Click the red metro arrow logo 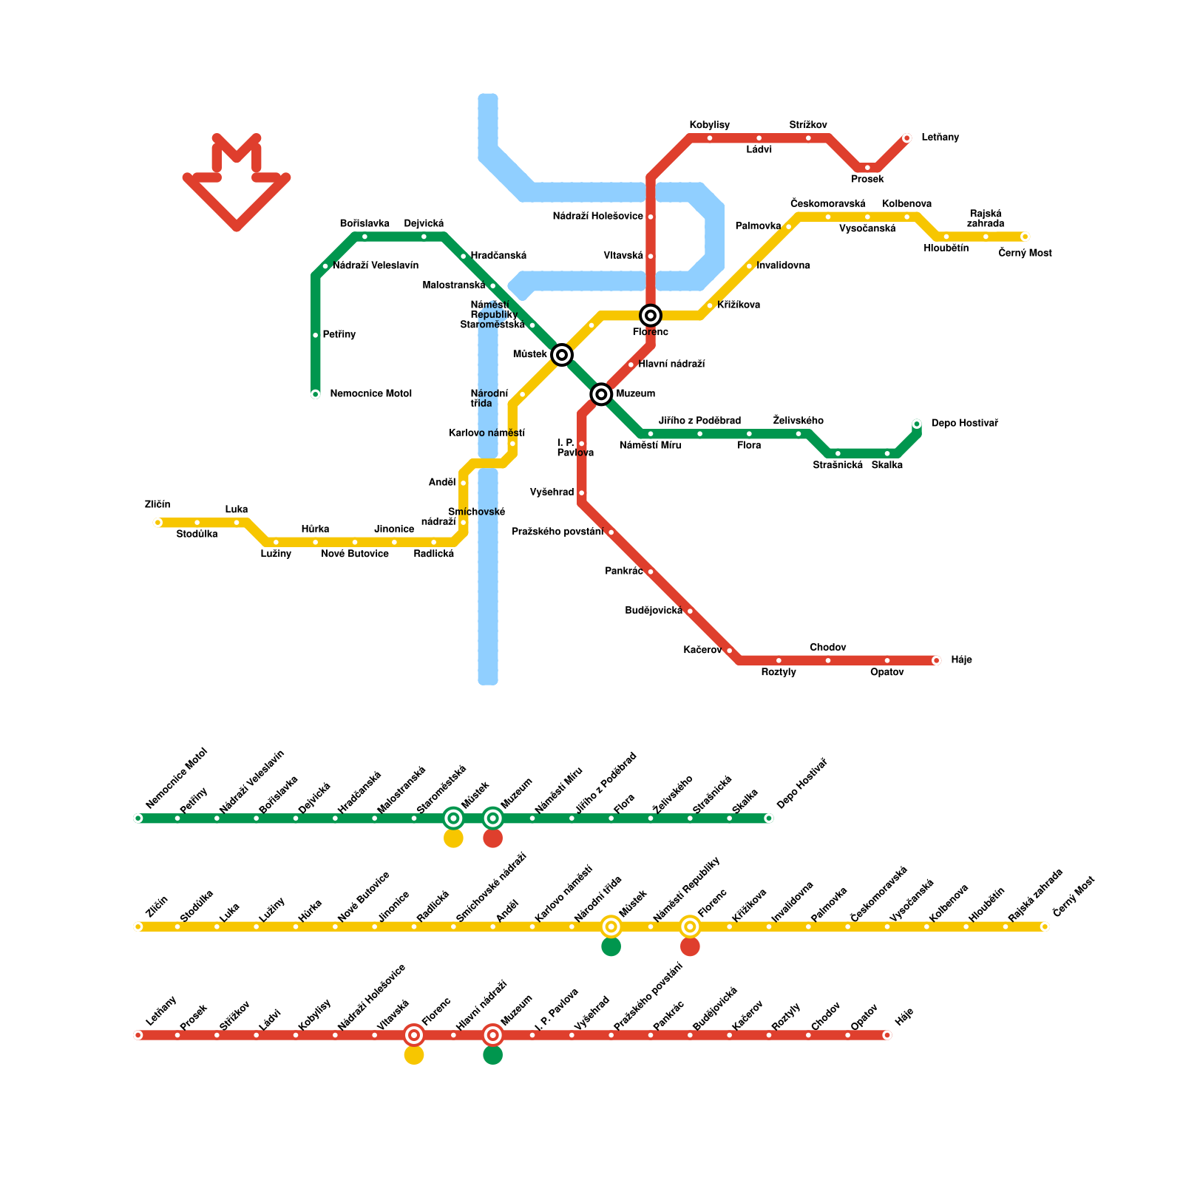pos(237,181)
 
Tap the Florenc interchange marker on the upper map pos(651,316)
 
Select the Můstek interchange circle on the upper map pos(562,355)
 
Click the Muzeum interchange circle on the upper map pos(601,394)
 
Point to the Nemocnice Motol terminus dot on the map pos(316,394)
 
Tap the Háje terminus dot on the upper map pos(936,660)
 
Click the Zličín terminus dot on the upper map pos(157,523)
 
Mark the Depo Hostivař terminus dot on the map pos(917,424)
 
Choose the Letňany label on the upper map pos(940,138)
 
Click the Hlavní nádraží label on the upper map pos(671,364)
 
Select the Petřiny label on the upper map pos(339,335)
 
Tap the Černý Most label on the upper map pos(1025,253)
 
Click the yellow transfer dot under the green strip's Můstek pos(453,838)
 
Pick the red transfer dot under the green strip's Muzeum pos(493,838)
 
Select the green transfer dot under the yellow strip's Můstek pos(611,946)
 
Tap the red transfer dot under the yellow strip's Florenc pos(690,946)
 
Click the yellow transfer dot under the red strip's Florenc pos(414,1055)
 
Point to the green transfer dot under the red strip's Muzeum pos(493,1055)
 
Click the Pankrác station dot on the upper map pos(651,572)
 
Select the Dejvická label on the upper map pos(424,223)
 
